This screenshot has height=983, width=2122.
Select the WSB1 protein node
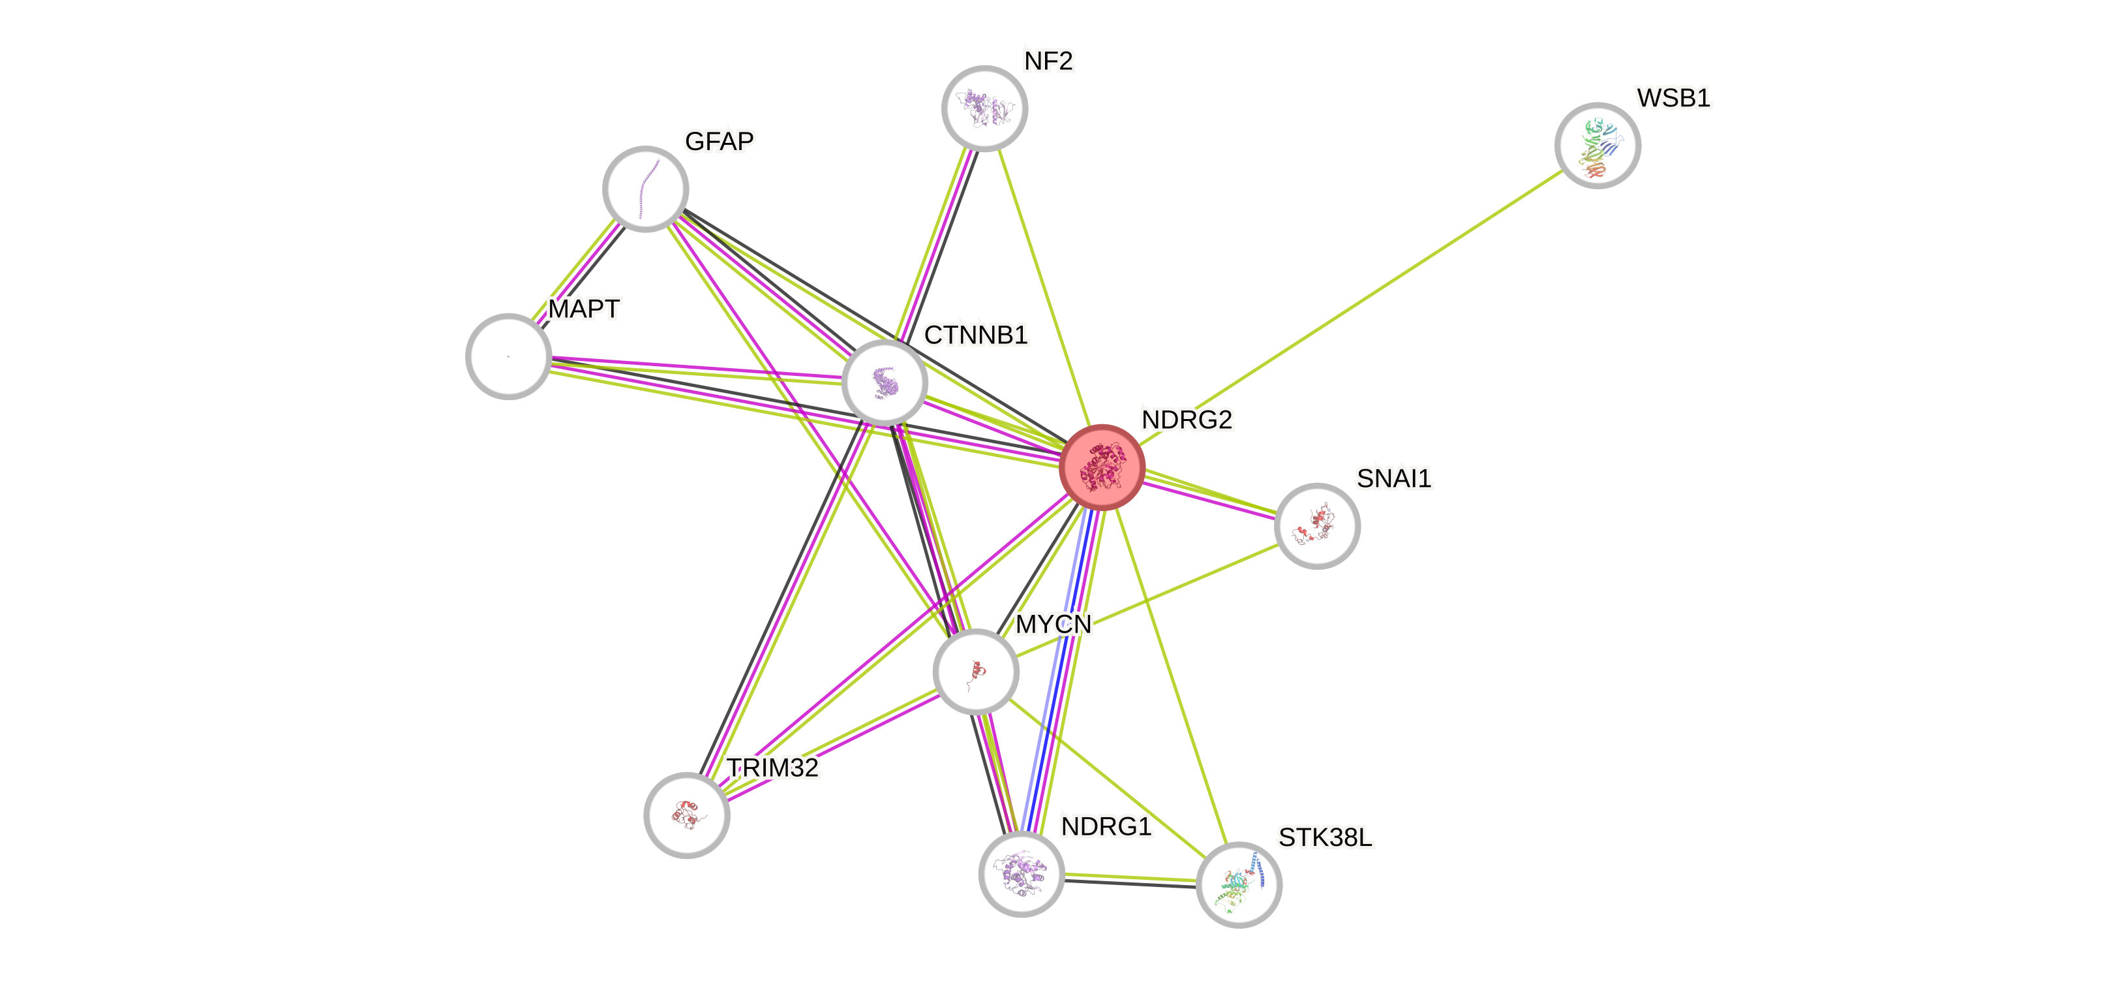1598,145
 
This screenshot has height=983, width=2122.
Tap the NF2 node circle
984,108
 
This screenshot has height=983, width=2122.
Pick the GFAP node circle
645,189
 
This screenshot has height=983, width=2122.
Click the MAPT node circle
508,356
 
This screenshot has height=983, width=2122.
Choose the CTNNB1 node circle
885,382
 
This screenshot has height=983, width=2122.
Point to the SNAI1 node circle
1316,525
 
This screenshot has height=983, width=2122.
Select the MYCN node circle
975,671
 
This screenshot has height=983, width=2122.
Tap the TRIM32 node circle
686,814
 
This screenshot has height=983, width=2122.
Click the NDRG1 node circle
1022,873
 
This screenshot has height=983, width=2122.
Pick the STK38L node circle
1238,884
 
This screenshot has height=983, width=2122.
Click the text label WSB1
1673,98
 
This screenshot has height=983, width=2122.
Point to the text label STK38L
1325,838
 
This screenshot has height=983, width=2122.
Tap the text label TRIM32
773,768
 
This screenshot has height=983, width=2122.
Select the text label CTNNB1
975,335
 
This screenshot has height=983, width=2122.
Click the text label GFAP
718,142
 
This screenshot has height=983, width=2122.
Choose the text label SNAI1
1394,478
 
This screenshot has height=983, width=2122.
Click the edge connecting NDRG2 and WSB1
1351,305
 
